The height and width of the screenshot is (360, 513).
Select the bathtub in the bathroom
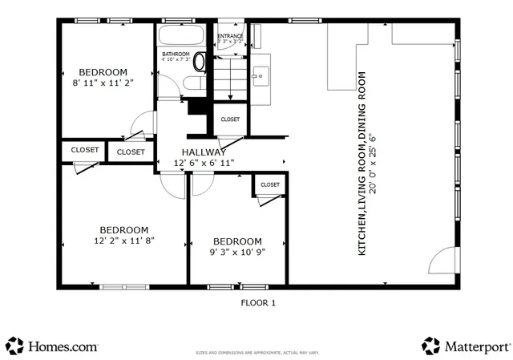tap(183, 36)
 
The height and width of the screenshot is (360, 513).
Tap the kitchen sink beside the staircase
tap(260, 76)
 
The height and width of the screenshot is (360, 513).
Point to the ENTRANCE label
tap(231, 37)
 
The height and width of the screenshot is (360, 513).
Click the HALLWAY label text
tap(204, 152)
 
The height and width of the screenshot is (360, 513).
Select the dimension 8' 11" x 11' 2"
tap(103, 81)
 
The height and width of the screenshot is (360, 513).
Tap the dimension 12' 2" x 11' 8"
tap(123, 239)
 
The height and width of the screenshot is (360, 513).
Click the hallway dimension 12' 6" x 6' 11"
tap(204, 163)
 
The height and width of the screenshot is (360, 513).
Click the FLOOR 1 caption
tap(258, 303)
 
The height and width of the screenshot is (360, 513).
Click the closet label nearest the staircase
tap(230, 119)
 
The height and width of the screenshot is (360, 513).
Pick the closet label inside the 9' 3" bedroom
tap(270, 185)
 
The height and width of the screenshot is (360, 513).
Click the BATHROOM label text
tap(176, 54)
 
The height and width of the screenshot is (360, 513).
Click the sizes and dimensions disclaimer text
tap(258, 353)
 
